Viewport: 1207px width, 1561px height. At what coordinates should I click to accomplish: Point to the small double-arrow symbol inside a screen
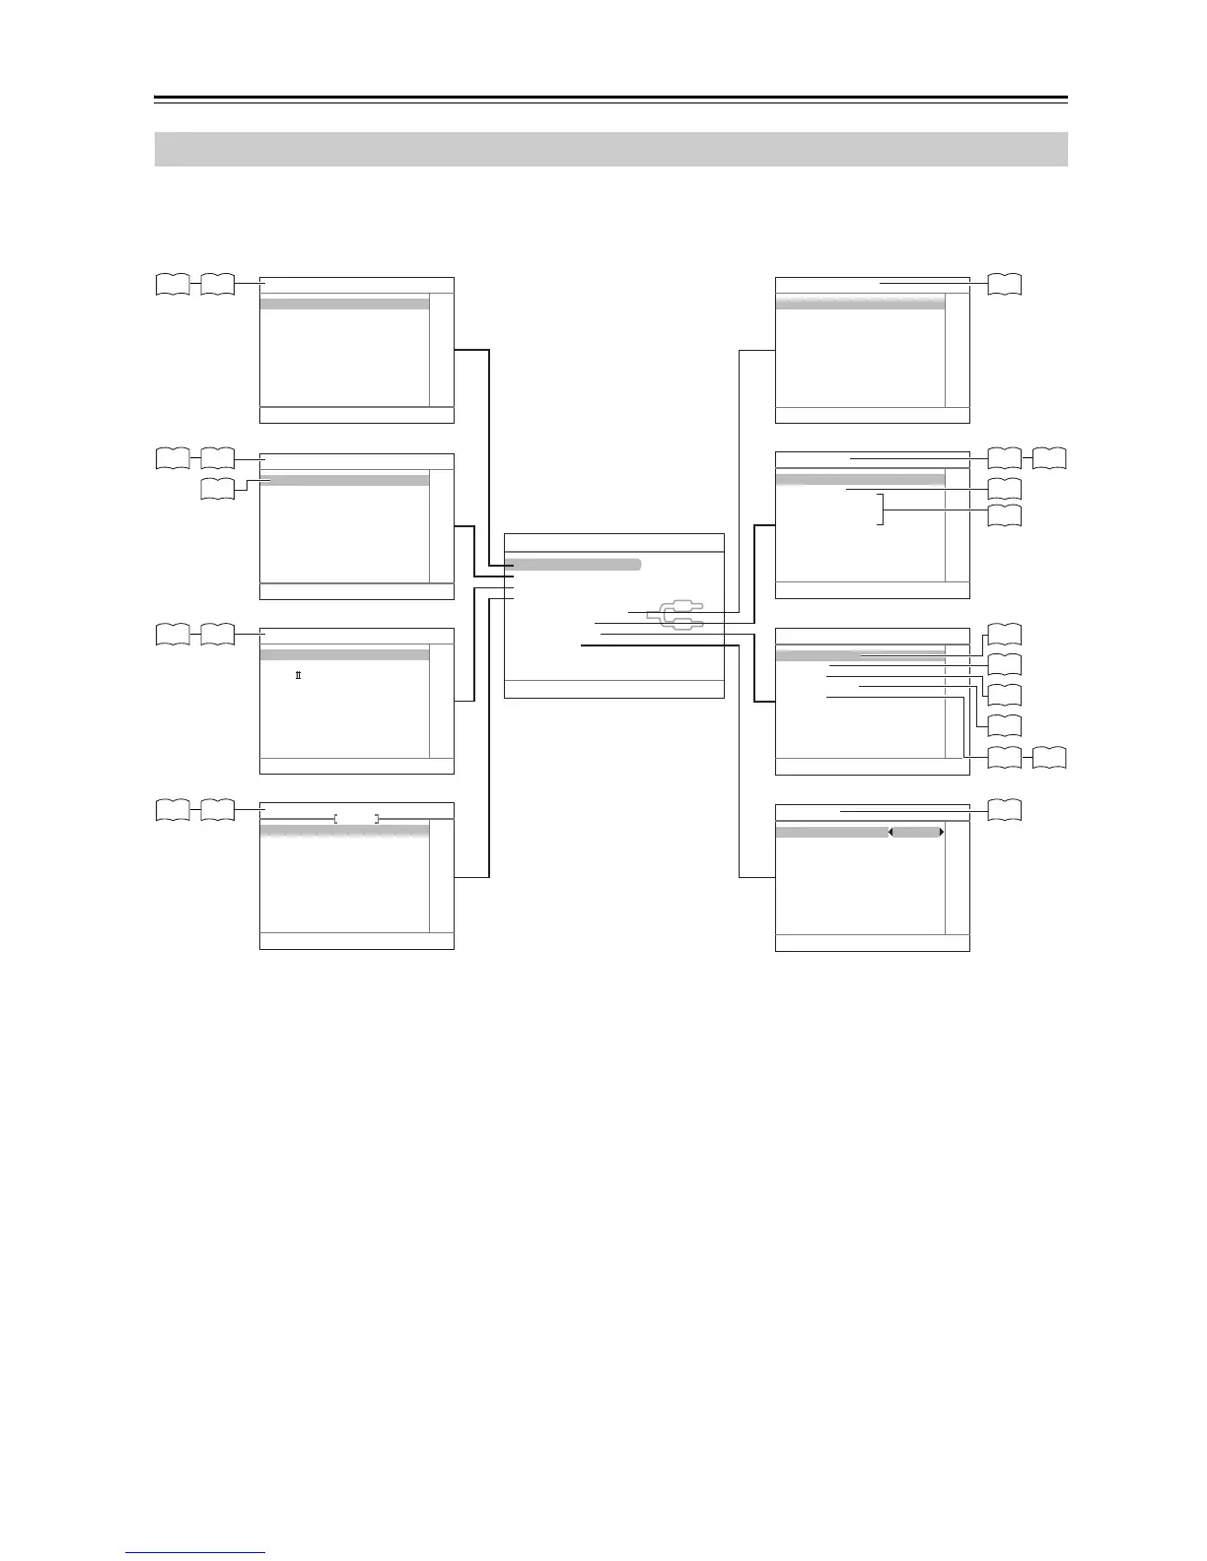298,675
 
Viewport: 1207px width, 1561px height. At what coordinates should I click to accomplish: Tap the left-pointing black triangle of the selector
891,833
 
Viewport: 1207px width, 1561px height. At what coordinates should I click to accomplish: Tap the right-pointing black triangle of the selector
942,833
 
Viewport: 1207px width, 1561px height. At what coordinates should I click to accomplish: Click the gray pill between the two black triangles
916,833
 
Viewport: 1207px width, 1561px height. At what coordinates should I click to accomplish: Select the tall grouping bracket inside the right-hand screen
882,509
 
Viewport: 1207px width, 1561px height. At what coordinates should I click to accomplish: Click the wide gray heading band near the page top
611,149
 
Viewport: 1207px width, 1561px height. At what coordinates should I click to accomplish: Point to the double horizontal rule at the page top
611,100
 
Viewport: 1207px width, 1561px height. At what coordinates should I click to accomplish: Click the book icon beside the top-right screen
1004,284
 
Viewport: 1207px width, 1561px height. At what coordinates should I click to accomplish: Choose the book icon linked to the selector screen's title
1004,810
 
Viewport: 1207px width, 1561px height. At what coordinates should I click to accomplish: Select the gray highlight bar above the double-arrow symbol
344,654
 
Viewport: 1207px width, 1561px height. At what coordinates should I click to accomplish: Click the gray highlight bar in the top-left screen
344,305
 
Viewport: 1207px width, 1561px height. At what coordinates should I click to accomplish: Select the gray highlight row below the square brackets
344,832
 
